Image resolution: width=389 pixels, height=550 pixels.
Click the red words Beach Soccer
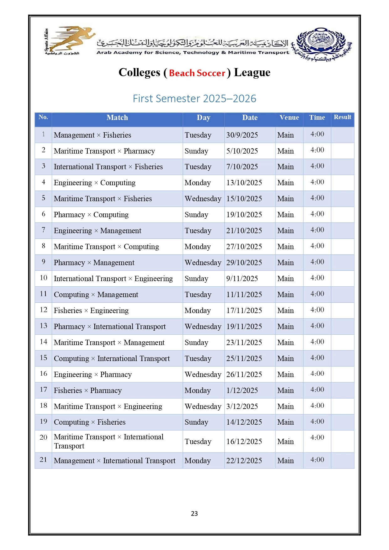point(197,73)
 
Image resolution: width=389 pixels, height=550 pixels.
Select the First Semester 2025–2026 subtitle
point(194,98)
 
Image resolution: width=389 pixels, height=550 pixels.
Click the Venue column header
point(289,118)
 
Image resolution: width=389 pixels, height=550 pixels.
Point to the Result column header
point(342,117)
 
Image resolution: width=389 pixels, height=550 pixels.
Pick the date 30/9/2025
point(242,135)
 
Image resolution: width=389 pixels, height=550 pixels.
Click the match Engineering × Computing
point(95,183)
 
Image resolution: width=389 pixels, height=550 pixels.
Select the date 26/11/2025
point(244,375)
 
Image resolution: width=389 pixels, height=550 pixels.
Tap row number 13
point(43,326)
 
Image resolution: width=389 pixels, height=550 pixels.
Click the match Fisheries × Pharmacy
point(88,390)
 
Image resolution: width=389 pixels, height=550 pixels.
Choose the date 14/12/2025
point(244,422)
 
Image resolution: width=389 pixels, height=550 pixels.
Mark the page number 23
point(194,513)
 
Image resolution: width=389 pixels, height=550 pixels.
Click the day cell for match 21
point(197,461)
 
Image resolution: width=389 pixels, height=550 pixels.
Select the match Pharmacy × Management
point(94,263)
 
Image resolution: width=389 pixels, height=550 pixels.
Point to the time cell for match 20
point(317,437)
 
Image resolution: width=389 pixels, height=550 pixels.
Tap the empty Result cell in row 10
point(343,279)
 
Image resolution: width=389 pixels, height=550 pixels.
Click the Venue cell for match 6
point(286,215)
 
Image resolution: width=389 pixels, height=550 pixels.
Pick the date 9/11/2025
point(242,279)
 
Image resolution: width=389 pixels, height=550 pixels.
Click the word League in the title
point(252,72)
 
